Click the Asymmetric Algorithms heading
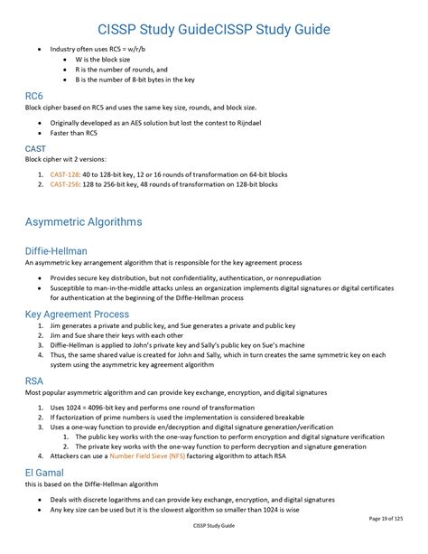(x=83, y=221)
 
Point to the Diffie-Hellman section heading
(x=56, y=250)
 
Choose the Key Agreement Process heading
(x=77, y=315)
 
